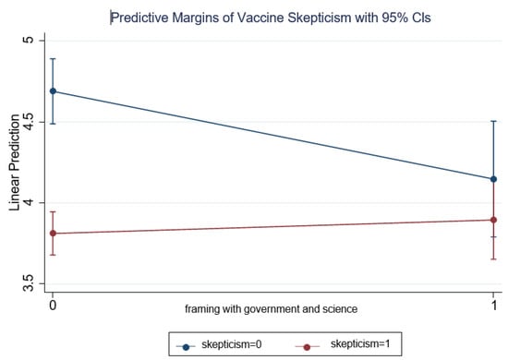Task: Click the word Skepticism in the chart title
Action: pos(311,16)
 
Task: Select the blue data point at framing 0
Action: pos(53,91)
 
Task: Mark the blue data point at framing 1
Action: pos(493,179)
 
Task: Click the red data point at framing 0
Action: pos(53,234)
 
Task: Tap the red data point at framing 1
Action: pos(493,220)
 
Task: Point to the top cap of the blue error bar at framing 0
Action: pos(53,59)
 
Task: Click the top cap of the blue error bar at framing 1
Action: pos(493,121)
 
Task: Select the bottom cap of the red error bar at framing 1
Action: pos(493,258)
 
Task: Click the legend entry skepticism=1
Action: pos(342,346)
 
